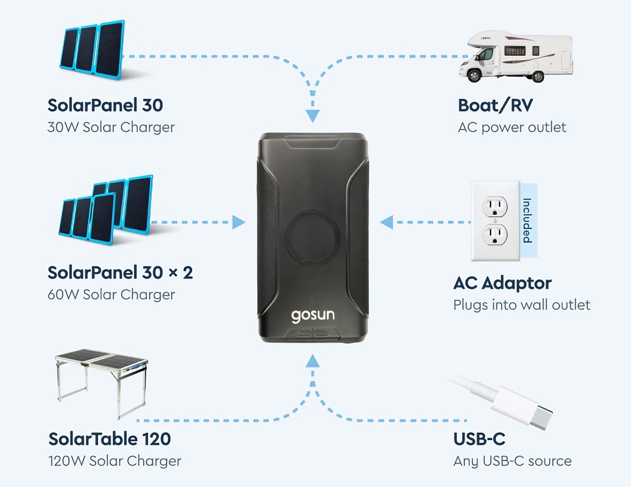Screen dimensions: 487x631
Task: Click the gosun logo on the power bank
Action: point(312,315)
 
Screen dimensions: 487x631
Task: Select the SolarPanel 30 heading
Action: point(105,105)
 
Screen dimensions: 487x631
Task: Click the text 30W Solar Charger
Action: point(111,127)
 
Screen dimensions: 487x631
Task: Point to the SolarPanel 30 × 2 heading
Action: point(120,272)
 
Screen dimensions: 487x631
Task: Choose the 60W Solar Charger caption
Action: point(111,294)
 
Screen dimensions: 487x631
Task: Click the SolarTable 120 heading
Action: point(109,439)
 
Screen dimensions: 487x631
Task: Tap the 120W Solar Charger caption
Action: point(114,461)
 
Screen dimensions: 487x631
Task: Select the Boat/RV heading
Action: point(495,105)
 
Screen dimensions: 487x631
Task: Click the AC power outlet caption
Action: point(512,127)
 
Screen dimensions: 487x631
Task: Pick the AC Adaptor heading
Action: point(502,282)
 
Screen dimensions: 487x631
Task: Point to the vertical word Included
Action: point(527,220)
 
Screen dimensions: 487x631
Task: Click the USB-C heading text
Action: point(479,439)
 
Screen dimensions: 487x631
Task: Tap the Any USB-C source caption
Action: point(512,461)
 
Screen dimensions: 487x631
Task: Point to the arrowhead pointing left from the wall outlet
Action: point(387,223)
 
